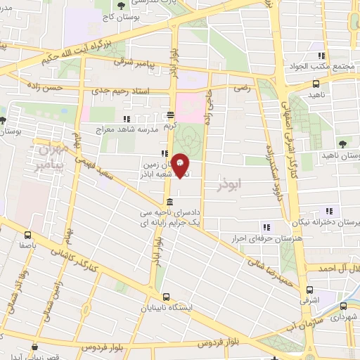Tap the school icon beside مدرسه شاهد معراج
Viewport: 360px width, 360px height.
tap(126, 120)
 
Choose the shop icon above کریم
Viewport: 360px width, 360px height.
tap(171, 116)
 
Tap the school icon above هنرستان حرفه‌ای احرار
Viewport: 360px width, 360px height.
tap(266, 227)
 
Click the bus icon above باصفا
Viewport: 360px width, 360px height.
tap(28, 236)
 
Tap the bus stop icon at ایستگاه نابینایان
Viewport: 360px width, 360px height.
tap(166, 297)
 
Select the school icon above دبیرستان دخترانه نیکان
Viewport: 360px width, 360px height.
tap(328, 211)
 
